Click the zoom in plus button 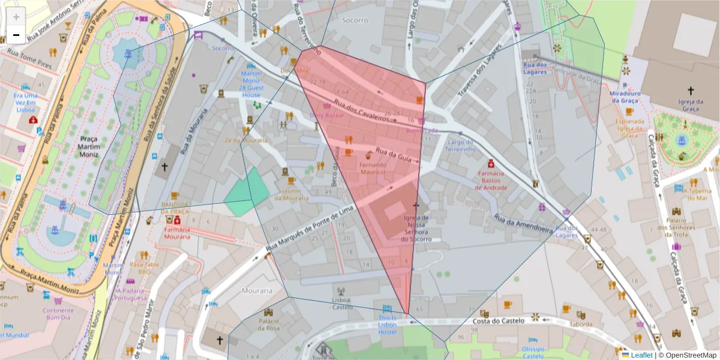tap(16, 16)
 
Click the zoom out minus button tap(16, 35)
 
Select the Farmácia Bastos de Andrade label tap(491, 179)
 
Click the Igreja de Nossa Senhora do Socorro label tap(416, 228)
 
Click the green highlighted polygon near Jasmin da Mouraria tap(248, 191)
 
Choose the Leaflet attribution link tap(641, 355)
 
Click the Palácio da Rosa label tap(269, 324)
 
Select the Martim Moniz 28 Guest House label tap(251, 84)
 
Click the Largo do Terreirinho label tap(461, 145)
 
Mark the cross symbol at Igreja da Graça tap(691, 91)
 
